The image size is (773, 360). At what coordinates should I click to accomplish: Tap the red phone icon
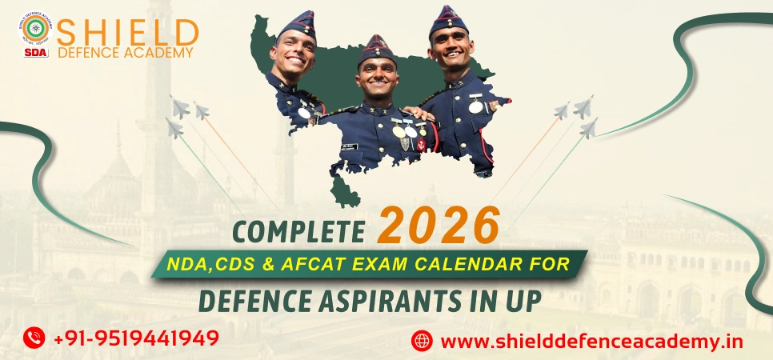point(34,338)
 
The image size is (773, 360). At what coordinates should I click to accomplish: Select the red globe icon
point(422,341)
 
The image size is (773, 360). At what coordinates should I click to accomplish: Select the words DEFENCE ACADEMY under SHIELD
point(126,53)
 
